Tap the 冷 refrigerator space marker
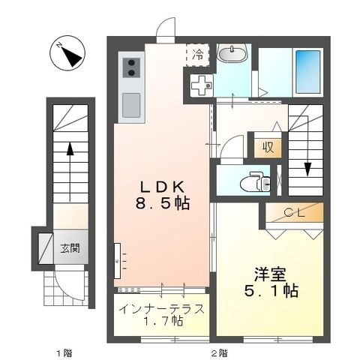(198, 53)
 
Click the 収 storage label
(267, 146)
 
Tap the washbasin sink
(232, 55)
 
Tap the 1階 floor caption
(69, 351)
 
